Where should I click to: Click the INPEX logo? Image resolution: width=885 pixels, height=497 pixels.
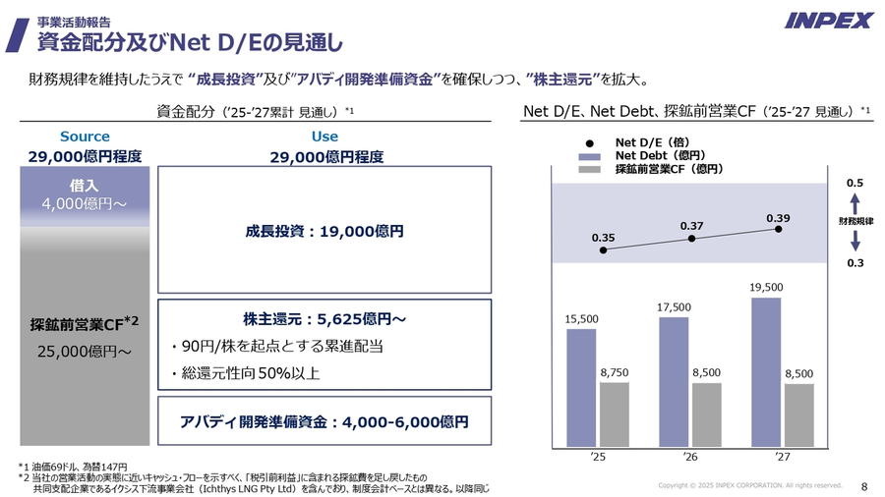tap(828, 21)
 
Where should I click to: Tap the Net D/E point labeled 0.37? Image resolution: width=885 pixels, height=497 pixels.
tap(692, 238)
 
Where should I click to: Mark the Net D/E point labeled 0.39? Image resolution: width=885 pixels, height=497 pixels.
tap(778, 229)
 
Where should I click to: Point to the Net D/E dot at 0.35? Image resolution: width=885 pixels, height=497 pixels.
tap(603, 249)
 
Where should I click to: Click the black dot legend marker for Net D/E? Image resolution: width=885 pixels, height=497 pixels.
tap(589, 142)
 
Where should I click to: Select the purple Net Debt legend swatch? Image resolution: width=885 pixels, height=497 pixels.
tap(589, 155)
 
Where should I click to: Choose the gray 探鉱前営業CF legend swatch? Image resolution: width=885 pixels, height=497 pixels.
tap(589, 169)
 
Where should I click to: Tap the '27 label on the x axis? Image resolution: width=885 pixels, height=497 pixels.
tap(782, 456)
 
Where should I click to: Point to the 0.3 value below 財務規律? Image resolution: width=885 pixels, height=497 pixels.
tap(855, 262)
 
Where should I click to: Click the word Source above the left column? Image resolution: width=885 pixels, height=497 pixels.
tap(85, 137)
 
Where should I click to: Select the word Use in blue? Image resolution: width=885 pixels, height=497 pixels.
tap(324, 137)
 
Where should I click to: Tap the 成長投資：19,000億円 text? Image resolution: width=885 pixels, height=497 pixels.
tap(324, 232)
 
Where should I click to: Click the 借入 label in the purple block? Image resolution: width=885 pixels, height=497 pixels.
tap(84, 185)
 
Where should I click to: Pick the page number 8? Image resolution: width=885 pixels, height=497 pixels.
tap(863, 486)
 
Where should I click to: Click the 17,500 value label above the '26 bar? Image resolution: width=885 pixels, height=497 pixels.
tap(674, 307)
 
